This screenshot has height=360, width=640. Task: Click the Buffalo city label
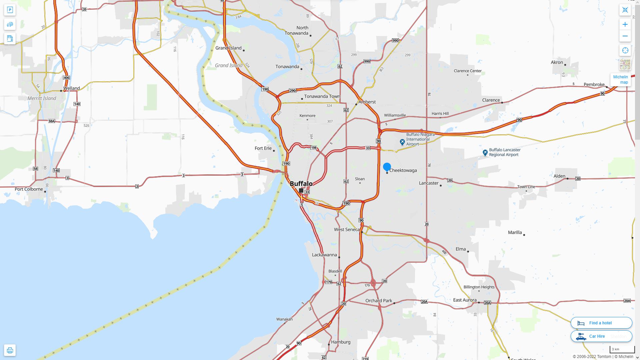tap(301, 184)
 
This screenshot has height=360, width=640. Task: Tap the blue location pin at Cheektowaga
tap(387, 167)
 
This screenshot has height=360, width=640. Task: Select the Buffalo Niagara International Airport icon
tap(402, 142)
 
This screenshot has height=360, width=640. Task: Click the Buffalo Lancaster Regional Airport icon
tap(485, 153)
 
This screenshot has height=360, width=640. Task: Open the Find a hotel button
tap(601, 323)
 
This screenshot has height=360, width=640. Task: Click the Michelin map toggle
tap(620, 80)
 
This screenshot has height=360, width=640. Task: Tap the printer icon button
tap(10, 350)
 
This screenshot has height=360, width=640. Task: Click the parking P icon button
tap(10, 10)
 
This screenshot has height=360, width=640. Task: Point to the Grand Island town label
tap(228, 48)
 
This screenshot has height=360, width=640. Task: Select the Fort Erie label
tap(263, 148)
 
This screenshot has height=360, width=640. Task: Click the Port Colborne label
tap(29, 189)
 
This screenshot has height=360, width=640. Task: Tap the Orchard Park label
tap(379, 301)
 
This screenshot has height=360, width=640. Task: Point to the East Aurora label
tap(465, 300)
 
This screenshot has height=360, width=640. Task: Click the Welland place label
tap(71, 88)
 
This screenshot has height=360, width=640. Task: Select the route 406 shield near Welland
tap(66, 78)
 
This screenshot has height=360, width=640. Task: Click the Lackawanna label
tap(324, 255)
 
